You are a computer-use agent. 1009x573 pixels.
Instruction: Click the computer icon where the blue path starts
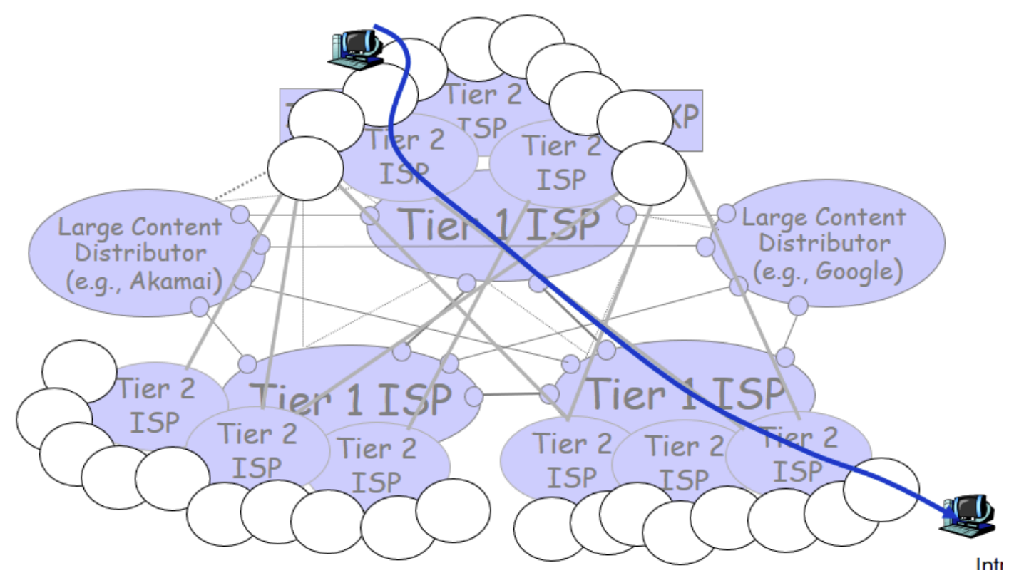(355, 48)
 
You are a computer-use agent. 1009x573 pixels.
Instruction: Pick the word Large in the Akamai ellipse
(84, 229)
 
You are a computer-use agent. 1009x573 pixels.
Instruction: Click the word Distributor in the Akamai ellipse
(141, 253)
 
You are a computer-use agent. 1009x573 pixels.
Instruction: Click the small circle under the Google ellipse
(798, 306)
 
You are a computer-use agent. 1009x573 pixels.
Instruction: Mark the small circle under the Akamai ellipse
(200, 306)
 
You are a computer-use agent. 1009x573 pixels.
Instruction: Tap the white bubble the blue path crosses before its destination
(881, 489)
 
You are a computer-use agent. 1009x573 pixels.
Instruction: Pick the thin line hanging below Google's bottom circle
(792, 331)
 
